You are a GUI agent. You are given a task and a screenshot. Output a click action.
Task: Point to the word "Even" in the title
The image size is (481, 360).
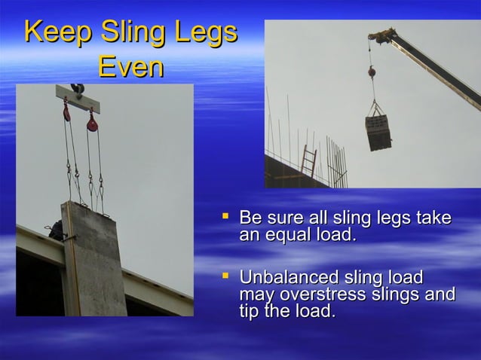[131, 68]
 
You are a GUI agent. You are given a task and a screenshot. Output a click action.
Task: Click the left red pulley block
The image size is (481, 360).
[67, 111]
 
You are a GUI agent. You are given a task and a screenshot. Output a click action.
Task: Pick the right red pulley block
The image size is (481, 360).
[93, 121]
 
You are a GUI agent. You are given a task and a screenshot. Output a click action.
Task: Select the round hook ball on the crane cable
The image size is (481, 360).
[372, 72]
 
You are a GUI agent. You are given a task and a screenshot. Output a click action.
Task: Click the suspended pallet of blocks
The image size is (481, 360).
[378, 133]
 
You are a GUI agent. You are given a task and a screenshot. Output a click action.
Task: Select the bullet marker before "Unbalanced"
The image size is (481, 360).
[224, 278]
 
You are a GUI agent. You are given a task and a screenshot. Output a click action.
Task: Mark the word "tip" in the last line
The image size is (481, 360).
[250, 310]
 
